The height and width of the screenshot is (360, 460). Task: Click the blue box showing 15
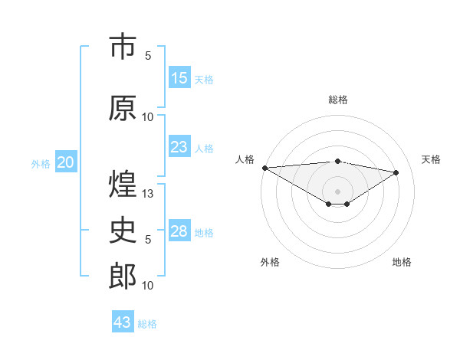(x=179, y=78)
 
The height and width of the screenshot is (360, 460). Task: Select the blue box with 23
(x=179, y=147)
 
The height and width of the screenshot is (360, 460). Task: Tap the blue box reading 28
(x=179, y=231)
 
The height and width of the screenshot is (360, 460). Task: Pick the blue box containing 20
(x=66, y=162)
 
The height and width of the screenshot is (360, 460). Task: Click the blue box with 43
(x=123, y=322)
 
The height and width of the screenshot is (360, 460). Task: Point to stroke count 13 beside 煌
(x=149, y=194)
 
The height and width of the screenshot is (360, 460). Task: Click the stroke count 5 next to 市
(x=148, y=56)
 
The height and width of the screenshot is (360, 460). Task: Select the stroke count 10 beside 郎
(x=148, y=286)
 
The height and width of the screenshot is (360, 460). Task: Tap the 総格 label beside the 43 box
(x=148, y=324)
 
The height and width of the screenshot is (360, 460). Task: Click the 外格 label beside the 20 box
(x=40, y=163)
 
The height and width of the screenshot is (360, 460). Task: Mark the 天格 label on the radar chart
(x=431, y=159)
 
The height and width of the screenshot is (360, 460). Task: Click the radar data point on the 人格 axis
(x=264, y=168)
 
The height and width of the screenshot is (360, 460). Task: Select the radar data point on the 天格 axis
(x=396, y=172)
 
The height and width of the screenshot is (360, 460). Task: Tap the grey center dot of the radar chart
(x=337, y=190)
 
